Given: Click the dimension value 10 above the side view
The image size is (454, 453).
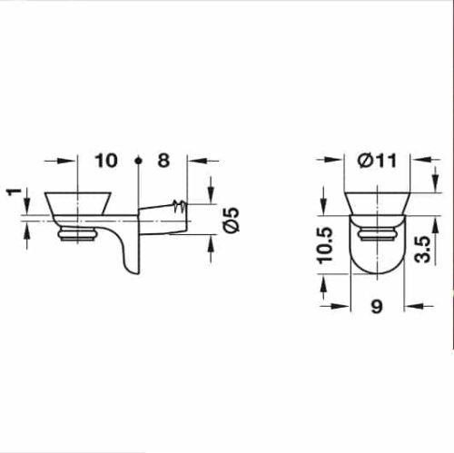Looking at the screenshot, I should pyautogui.click(x=106, y=161).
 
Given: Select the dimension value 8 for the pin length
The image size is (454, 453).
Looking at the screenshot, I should pyautogui.click(x=163, y=161).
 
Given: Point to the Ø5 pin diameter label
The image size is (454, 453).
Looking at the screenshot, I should pyautogui.click(x=231, y=220).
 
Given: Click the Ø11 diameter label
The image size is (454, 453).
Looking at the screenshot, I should pyautogui.click(x=378, y=161).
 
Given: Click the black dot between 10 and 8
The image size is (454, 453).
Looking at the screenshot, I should pyautogui.click(x=138, y=161).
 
